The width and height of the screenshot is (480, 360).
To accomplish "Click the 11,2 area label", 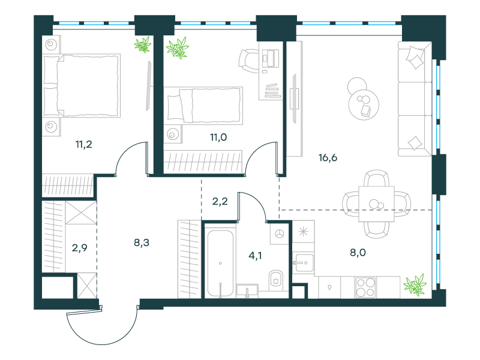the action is (84, 144).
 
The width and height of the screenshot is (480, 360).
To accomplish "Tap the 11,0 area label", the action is (218, 137).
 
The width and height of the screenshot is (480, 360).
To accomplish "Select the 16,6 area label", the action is (328, 158).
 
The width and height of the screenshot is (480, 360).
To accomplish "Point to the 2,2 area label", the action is (220, 202).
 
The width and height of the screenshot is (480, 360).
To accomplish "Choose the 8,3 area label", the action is (142, 243).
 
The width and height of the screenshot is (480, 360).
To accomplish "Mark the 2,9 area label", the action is (80, 248).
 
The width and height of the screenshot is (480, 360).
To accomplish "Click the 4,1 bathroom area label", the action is (255, 256).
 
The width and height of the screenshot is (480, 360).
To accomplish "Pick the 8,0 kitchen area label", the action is (358, 253).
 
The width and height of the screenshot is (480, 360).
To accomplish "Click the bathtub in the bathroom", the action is (220, 263).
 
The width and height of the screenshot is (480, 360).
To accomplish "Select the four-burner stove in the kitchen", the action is (365, 287).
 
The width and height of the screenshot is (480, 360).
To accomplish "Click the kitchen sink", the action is (303, 263).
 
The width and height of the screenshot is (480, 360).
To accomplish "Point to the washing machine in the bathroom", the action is (279, 234).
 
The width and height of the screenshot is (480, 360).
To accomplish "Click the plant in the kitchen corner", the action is (415, 284).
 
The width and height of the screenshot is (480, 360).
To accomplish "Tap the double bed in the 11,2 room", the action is (82, 86).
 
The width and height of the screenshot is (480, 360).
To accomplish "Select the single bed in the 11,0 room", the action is (203, 106).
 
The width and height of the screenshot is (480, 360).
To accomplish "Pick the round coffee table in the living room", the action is (364, 104).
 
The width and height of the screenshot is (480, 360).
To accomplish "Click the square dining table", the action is (377, 203).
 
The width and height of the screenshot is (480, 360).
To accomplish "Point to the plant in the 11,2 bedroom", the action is (143, 44).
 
